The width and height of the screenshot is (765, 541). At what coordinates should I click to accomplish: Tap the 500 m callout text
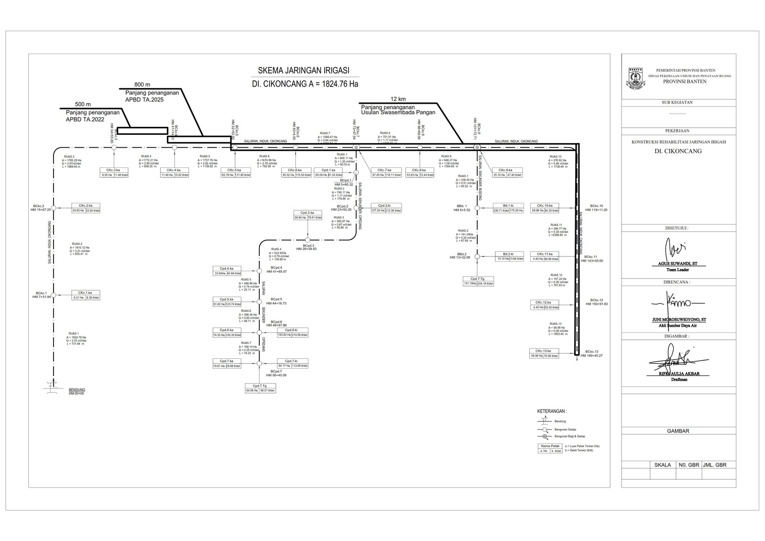click(x=83, y=104)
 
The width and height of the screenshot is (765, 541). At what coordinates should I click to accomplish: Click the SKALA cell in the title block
click(x=662, y=464)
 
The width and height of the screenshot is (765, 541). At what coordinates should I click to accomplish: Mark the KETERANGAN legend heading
click(x=552, y=411)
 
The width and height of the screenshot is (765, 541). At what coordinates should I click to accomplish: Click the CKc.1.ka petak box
click(x=86, y=295)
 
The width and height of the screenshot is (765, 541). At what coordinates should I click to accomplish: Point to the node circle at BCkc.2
click(x=54, y=208)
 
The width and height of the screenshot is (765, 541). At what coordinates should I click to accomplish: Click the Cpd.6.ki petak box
click(x=292, y=332)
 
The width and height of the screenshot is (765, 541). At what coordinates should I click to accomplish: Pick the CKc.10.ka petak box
click(x=545, y=208)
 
